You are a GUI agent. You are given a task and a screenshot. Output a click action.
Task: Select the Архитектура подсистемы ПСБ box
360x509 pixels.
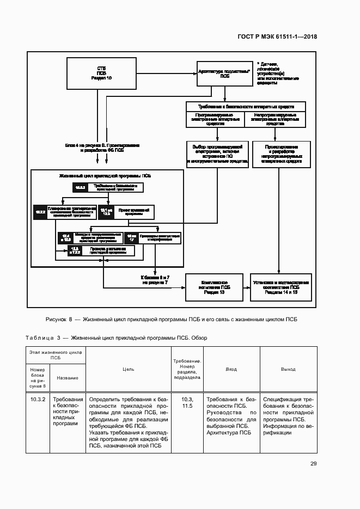coord(224,74)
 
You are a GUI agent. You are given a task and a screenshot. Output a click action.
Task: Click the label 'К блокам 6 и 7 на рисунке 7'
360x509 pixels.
coord(156,280)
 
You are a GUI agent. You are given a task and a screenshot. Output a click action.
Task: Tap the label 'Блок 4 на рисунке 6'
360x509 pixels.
coord(102,148)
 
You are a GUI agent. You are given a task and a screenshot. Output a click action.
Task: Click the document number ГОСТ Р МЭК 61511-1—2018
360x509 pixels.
coord(278,36)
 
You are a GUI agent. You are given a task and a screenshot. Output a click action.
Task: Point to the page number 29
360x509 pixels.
coord(313,463)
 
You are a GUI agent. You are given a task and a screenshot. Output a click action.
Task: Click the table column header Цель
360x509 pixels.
coord(129,369)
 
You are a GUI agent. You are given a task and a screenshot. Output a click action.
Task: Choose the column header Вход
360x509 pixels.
coord(231,369)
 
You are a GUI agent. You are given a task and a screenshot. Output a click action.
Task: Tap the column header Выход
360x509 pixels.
coord(288,369)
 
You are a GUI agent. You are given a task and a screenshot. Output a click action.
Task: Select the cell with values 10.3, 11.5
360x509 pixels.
coord(187,402)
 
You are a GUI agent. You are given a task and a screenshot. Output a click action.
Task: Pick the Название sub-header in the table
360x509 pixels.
coord(68,378)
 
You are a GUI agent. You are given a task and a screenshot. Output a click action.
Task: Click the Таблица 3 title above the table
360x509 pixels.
coord(115,338)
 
